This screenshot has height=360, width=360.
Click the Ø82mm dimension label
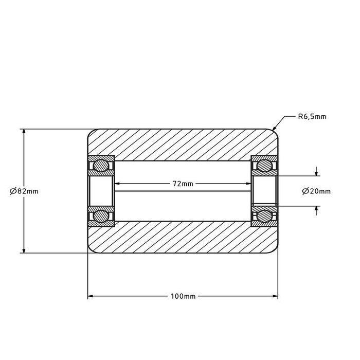pyautogui.click(x=24, y=191)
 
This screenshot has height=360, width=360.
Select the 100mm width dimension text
pyautogui.click(x=182, y=297)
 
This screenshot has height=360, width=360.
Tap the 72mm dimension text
pyautogui.click(x=183, y=184)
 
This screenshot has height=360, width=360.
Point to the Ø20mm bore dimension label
pyautogui.click(x=316, y=191)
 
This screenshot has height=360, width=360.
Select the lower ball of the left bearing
pyautogui.click(x=100, y=215)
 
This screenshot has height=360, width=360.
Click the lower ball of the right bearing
pyautogui.click(x=264, y=215)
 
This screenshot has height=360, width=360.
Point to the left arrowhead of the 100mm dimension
pyautogui.click(x=91, y=297)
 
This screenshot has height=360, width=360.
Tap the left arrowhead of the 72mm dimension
pyautogui.click(x=118, y=184)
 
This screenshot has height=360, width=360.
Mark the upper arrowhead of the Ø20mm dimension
pyautogui.click(x=316, y=173)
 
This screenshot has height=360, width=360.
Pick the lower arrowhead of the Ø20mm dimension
pyautogui.click(x=316, y=209)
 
